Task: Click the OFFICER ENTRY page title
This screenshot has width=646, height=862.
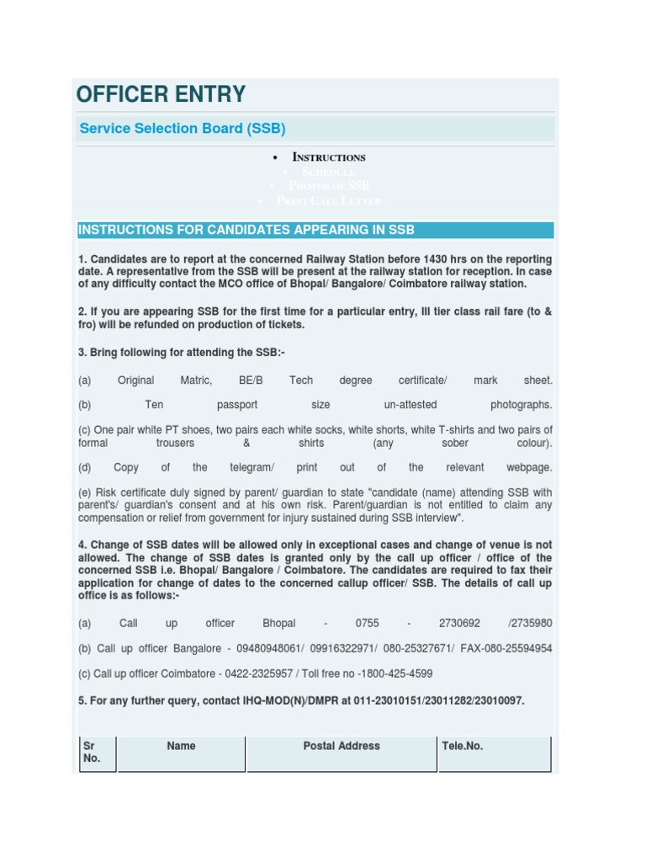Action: pos(161,93)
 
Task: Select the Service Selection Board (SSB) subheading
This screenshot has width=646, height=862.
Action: pos(183,129)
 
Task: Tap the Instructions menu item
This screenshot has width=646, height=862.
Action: pos(328,157)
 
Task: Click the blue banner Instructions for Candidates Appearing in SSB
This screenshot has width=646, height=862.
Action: pos(246,230)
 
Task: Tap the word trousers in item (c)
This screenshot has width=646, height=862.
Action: pos(175,443)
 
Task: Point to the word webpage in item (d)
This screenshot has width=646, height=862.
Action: pos(529,467)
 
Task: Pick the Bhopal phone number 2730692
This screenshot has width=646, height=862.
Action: pos(459,624)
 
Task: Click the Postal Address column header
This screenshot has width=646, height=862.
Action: pos(342,746)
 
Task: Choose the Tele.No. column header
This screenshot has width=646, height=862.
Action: pos(463,746)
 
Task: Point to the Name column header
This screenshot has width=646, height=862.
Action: pos(181,746)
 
